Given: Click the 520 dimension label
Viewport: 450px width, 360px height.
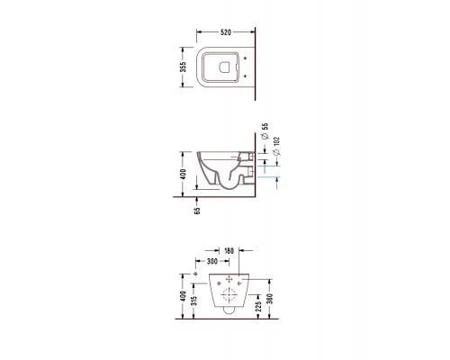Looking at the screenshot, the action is click(x=226, y=32).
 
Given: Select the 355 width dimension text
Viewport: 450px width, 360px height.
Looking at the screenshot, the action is click(x=183, y=67).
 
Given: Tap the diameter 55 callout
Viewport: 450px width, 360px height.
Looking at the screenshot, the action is click(x=265, y=131).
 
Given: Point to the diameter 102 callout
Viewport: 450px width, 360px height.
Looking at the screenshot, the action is click(x=277, y=146).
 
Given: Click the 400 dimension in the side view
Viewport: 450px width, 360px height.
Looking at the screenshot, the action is click(x=183, y=174).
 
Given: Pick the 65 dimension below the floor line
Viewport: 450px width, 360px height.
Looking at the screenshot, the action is click(x=197, y=211).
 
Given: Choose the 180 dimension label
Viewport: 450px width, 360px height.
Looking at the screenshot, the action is click(x=229, y=250).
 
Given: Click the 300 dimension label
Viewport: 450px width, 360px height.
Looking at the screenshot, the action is click(x=212, y=261).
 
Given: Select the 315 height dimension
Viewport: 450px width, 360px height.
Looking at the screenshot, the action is click(x=193, y=301).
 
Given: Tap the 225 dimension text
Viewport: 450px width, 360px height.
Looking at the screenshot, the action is click(x=258, y=306).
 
